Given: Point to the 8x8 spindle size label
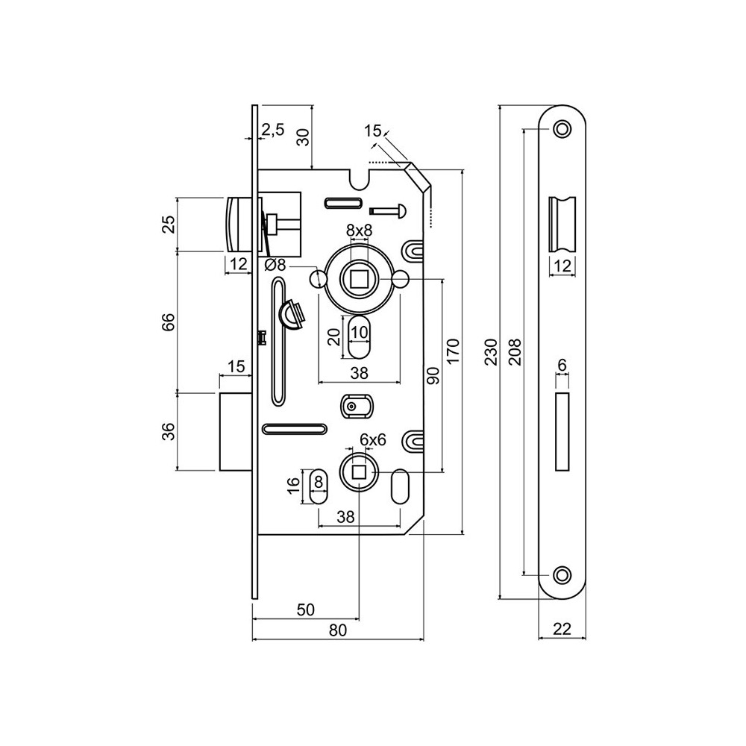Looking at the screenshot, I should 359,231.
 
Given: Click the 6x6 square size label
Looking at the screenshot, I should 372,440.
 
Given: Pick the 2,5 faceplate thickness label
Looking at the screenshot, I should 272,130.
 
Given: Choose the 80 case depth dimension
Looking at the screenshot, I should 338,630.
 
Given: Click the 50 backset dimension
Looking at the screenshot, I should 305,609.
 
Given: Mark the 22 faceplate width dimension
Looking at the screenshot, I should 562,630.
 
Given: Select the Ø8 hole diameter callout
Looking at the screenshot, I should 275,264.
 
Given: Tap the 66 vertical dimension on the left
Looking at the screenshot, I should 168,322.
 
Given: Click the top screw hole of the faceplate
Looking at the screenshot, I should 562,130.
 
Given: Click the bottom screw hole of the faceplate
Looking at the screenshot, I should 562,574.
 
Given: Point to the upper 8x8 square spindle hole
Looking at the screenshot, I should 359,280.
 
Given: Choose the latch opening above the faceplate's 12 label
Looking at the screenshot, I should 562,224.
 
